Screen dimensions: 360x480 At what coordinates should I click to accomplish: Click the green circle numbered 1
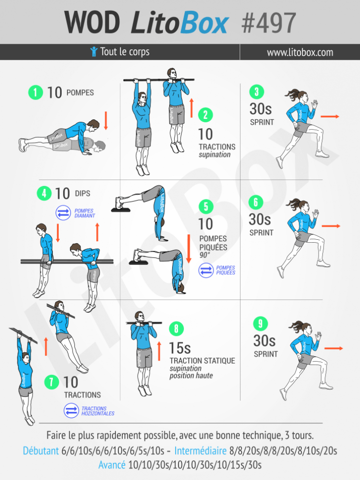click(x=36, y=92)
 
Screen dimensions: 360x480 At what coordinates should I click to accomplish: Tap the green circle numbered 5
click(x=206, y=206)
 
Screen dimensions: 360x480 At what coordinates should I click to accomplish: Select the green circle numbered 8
click(x=177, y=329)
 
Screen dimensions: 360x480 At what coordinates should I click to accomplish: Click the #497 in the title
click(x=268, y=23)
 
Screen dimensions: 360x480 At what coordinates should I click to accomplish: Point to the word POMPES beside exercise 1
click(x=80, y=93)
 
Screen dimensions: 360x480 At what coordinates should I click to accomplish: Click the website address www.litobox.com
click(x=300, y=52)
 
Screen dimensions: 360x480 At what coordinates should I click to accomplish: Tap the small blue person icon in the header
click(x=94, y=51)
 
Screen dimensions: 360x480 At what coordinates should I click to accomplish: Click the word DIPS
click(x=83, y=193)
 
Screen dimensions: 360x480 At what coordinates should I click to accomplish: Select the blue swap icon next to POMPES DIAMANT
click(x=63, y=213)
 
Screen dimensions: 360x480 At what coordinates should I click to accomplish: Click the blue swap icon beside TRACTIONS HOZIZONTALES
click(x=72, y=411)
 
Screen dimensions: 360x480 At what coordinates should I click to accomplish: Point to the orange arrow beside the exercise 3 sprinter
click(x=330, y=116)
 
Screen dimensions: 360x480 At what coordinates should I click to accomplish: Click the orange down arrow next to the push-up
click(x=106, y=120)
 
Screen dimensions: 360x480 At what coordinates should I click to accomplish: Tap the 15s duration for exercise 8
click(x=180, y=348)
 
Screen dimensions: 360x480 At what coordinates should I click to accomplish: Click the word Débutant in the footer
click(x=41, y=450)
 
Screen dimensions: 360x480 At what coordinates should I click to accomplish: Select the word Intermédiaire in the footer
click(x=201, y=450)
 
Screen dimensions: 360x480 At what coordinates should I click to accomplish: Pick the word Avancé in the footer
click(x=112, y=465)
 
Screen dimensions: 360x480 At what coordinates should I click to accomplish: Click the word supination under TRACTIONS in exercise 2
click(x=215, y=154)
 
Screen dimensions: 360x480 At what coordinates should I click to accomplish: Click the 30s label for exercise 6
click(x=259, y=220)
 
